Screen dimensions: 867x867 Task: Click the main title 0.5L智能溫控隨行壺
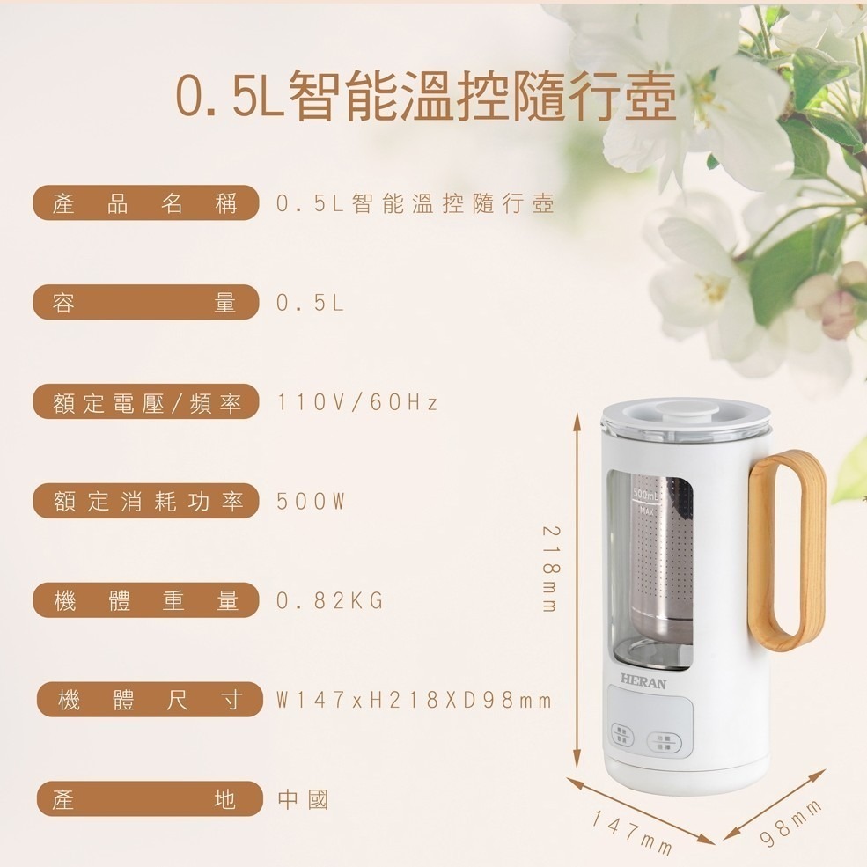coord(426,94)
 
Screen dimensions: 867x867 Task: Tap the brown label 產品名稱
coord(146,204)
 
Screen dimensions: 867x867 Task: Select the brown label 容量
coord(146,304)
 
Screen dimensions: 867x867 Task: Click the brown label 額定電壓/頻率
coord(146,403)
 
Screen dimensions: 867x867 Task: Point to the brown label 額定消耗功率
coord(146,502)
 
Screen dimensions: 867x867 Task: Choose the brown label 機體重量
coord(146,601)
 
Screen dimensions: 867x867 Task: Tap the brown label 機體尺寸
coord(150,701)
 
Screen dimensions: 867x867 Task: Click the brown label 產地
coord(150,800)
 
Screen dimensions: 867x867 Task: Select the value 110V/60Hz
coord(356,403)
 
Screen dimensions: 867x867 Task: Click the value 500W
coord(311,502)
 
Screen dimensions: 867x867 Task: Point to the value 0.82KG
coord(330,601)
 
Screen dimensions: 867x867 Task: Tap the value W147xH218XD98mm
coord(414,701)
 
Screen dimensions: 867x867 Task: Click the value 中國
coord(303,800)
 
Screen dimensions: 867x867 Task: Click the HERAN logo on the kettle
coord(643,680)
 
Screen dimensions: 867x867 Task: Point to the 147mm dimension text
coord(631,834)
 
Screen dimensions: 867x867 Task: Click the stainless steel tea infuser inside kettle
coord(662,563)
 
